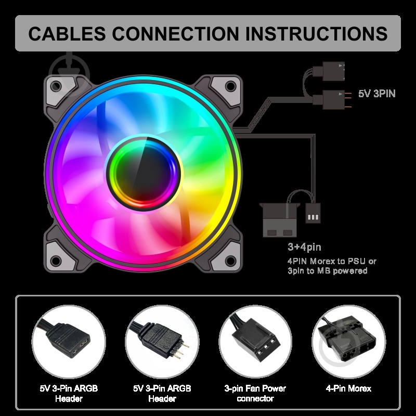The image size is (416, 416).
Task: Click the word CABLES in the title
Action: (x=67, y=33)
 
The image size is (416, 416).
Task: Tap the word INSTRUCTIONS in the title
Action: (x=316, y=33)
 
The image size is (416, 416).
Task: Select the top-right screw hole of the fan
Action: (x=230, y=86)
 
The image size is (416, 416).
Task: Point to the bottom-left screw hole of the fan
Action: (x=56, y=261)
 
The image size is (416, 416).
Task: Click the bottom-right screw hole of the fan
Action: (x=230, y=261)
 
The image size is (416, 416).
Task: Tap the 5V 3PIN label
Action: (x=376, y=94)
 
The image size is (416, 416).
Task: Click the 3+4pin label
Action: (x=304, y=247)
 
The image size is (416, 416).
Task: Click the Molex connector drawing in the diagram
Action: (x=280, y=219)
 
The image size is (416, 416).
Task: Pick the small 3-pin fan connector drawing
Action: (x=313, y=213)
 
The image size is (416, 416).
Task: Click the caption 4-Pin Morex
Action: (x=348, y=388)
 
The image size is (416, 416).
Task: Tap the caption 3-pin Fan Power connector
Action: (x=255, y=394)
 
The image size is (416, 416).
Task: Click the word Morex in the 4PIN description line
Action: (x=322, y=262)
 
